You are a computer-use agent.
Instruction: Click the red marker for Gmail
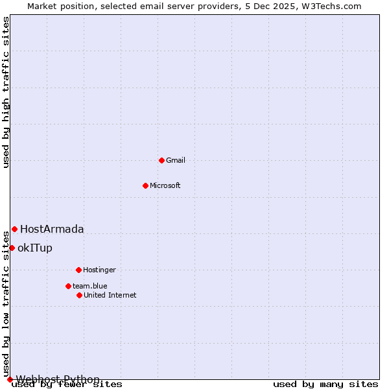[161, 160]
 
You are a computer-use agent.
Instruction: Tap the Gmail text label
[176, 160]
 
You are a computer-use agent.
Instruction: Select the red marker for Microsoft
[145, 185]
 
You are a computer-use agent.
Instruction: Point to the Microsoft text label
[165, 185]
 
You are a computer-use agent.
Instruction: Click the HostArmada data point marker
[14, 229]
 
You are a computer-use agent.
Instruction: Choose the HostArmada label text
[52, 229]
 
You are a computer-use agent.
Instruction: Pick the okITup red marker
[12, 248]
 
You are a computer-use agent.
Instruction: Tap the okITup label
[35, 248]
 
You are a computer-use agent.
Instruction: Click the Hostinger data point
[78, 270]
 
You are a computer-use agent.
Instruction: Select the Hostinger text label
[99, 270]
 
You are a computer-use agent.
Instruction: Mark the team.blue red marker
[68, 286]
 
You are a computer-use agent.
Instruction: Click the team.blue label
[90, 286]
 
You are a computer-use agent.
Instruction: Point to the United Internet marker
[79, 295]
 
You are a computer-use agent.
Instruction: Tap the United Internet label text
[110, 295]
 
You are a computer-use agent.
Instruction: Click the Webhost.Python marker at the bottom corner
[10, 379]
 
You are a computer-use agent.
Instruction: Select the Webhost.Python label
[58, 379]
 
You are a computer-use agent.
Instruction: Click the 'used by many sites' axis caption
[325, 384]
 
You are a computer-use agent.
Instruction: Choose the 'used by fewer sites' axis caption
[67, 384]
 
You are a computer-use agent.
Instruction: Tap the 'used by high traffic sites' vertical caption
[6, 92]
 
